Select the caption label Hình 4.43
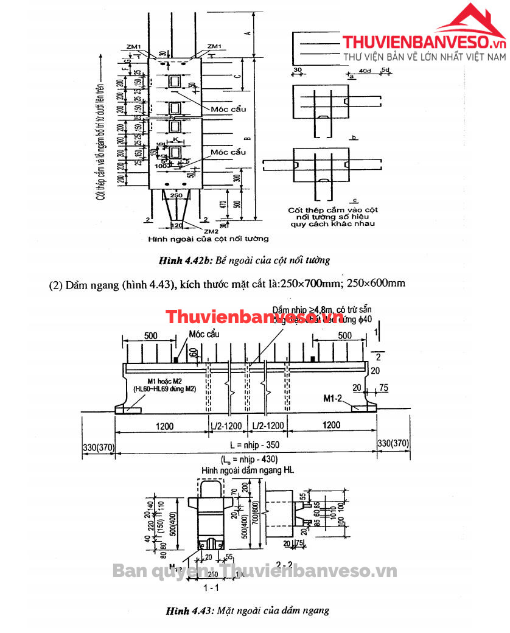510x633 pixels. [x=190, y=610]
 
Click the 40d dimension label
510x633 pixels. [x=365, y=72]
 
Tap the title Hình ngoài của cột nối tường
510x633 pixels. [x=208, y=239]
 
